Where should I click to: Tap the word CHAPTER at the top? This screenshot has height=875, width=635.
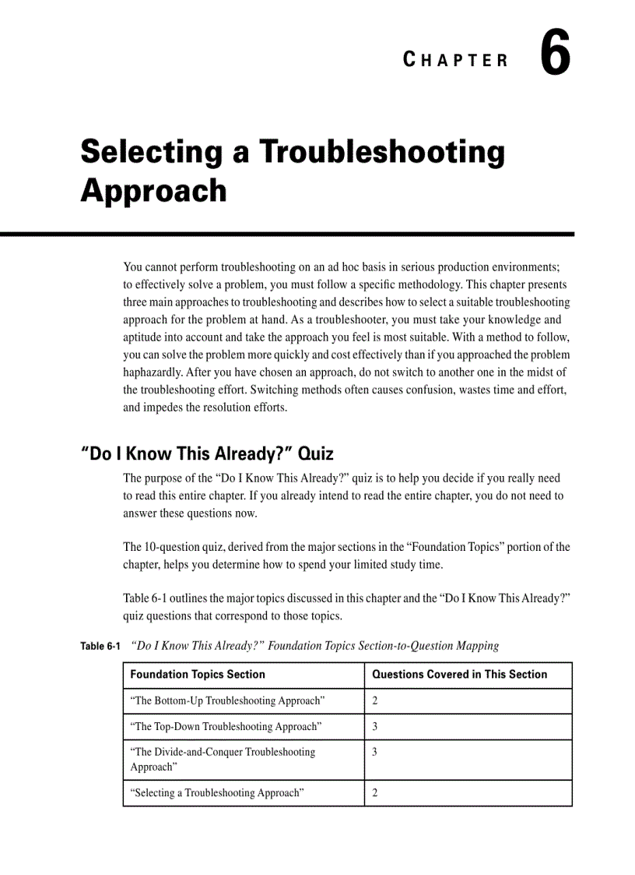click(456, 61)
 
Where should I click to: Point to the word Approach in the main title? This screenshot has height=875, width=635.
click(153, 191)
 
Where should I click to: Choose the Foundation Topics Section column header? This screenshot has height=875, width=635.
click(198, 675)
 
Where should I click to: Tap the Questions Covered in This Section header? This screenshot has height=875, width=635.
click(459, 675)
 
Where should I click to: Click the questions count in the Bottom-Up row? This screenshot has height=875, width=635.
click(375, 701)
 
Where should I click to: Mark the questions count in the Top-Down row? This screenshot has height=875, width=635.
click(375, 727)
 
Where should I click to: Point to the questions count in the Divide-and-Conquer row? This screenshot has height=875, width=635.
click(375, 753)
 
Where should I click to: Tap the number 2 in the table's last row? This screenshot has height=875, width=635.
click(375, 793)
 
